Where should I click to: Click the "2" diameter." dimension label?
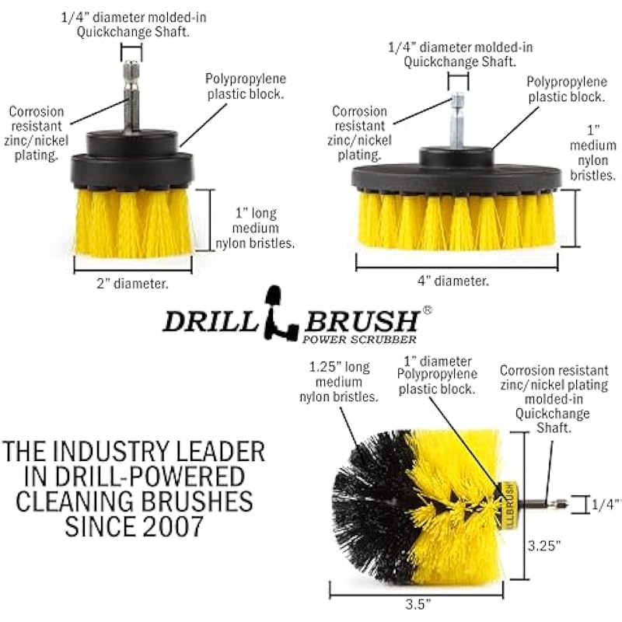point(132,284)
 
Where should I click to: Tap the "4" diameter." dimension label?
point(453,281)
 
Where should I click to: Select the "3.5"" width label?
point(418,604)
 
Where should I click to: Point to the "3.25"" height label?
point(543,546)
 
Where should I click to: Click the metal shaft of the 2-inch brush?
point(131,95)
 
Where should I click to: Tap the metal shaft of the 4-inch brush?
point(457,119)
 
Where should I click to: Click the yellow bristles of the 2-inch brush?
point(134,223)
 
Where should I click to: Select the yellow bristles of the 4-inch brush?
point(456,221)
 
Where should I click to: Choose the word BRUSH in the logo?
point(362,321)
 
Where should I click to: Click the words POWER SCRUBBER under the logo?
point(359,339)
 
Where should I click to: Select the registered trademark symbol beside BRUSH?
point(427,310)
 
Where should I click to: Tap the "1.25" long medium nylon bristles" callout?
point(339,382)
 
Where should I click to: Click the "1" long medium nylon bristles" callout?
point(255,228)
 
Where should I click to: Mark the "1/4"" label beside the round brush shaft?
point(606,505)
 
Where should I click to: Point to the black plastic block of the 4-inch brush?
point(456,170)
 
